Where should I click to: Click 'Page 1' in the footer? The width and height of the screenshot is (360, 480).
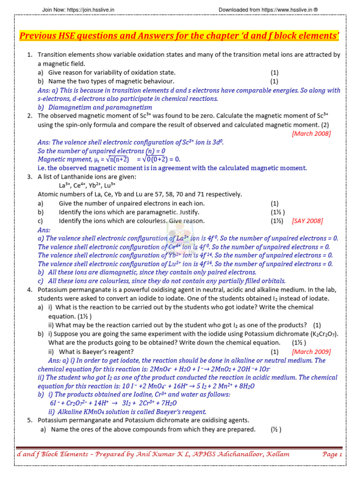(x=332, y=454)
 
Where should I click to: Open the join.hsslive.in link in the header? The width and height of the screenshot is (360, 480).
(x=86, y=10)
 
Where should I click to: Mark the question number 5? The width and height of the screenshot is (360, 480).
(x=30, y=420)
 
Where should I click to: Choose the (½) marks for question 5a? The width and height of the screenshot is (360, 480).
(x=276, y=429)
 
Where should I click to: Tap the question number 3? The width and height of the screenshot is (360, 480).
(x=30, y=177)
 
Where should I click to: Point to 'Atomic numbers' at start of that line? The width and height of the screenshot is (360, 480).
(x=61, y=195)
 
